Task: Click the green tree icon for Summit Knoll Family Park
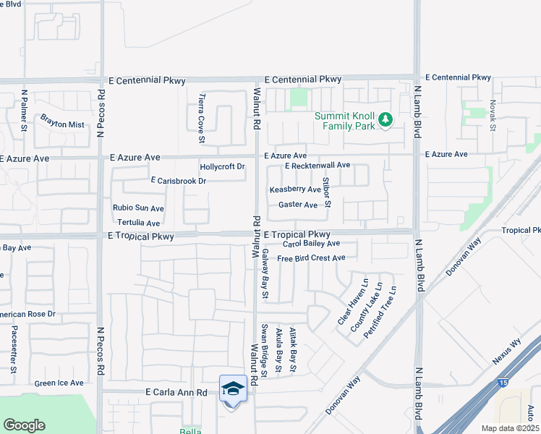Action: coord(385,119)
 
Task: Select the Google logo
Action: coord(24,425)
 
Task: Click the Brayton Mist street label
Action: coord(61,120)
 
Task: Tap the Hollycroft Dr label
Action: coord(223,167)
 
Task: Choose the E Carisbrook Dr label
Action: coord(178,181)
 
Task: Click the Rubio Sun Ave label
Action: coord(138,208)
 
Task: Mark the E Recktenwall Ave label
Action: coord(317,166)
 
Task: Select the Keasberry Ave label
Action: coord(295,190)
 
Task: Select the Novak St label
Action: coord(492,116)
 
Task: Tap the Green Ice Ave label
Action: coord(59,383)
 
